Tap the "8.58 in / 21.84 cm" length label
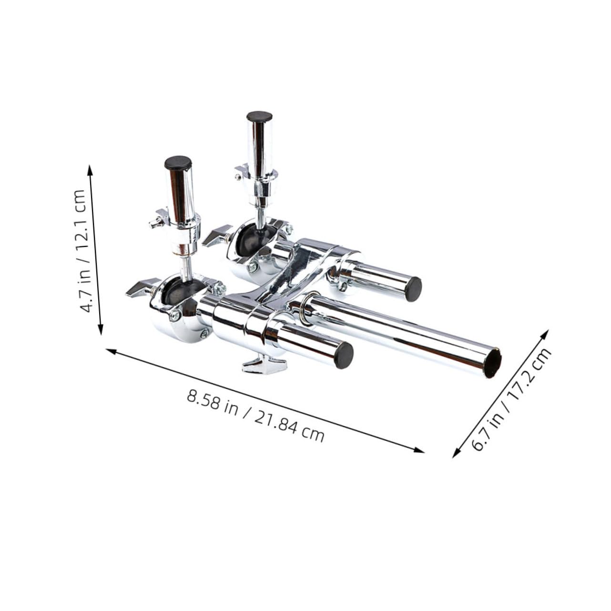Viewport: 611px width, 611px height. point(255,415)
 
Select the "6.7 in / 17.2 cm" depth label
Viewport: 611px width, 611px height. point(511,398)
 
